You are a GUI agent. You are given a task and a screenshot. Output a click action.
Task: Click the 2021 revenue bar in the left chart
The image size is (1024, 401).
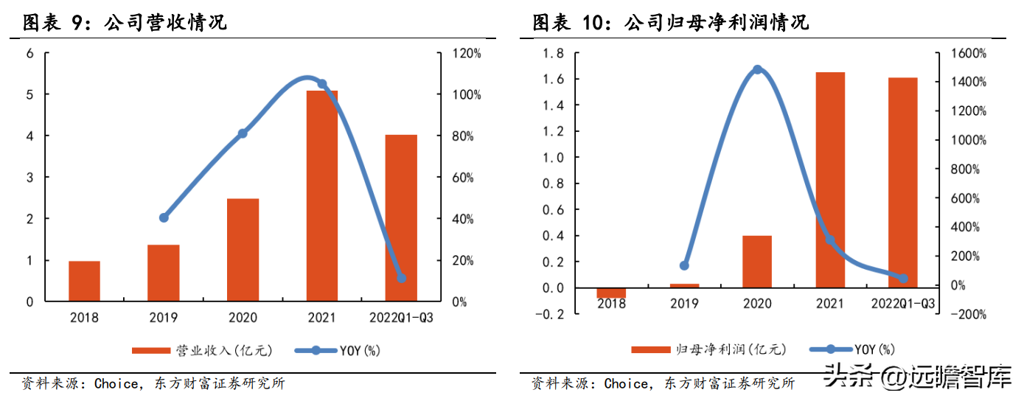[x=321, y=195]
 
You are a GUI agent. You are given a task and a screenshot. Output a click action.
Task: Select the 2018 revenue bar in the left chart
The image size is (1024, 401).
[x=84, y=281]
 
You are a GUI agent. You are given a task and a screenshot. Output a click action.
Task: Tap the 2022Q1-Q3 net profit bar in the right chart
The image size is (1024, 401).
[x=902, y=182]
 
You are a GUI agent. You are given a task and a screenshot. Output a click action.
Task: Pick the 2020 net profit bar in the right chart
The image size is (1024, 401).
[x=757, y=262]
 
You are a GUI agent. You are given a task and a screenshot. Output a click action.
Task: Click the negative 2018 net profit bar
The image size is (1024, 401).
[x=611, y=293]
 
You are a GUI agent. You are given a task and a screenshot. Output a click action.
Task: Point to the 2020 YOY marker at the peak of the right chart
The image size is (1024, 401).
[x=757, y=70]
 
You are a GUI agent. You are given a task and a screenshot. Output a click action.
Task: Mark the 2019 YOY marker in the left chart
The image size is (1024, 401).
[x=164, y=217]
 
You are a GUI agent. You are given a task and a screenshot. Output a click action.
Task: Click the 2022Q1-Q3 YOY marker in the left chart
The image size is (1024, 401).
[x=402, y=278]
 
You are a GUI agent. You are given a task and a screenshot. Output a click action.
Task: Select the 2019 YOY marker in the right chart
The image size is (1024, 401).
[x=684, y=265]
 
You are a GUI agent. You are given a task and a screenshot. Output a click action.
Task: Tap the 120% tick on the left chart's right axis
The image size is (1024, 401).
[x=467, y=54]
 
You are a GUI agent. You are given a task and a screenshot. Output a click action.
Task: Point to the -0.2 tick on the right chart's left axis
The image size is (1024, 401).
[x=552, y=314]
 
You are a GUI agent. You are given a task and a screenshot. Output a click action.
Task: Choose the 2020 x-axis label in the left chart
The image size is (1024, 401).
[x=243, y=318]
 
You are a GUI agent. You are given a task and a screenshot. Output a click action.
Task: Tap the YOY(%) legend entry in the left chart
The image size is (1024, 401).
[x=338, y=351]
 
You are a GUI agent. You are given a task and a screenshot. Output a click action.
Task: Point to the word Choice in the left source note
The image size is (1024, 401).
[x=115, y=383]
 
